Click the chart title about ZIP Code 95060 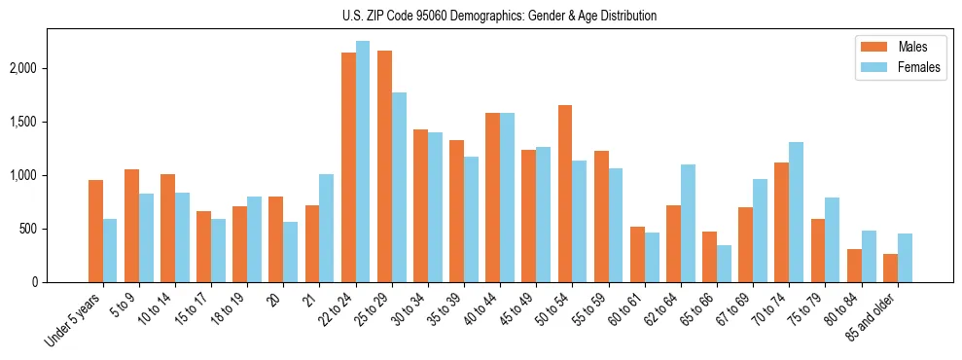pyautogui.click(x=500, y=16)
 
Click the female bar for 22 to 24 pyautogui.click(x=363, y=162)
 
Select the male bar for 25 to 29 pyautogui.click(x=384, y=166)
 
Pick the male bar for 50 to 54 pyautogui.click(x=565, y=194)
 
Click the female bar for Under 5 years pyautogui.click(x=110, y=251)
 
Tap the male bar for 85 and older pyautogui.click(x=891, y=269)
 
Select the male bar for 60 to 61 pyautogui.click(x=637, y=255)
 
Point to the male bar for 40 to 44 pyautogui.click(x=493, y=198)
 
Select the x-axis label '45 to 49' pyautogui.click(x=517, y=308)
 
